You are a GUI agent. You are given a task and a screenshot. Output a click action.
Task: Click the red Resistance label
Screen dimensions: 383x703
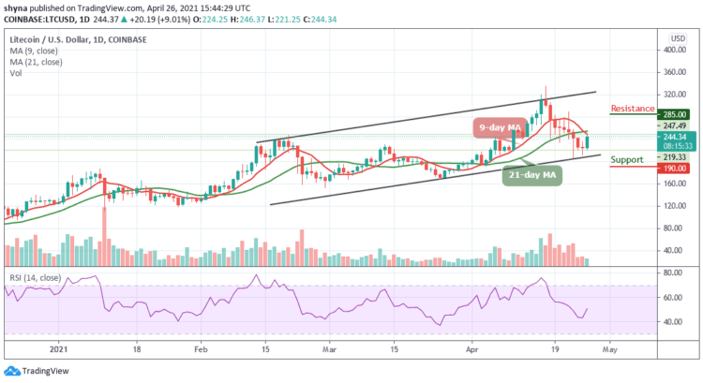pos(631,109)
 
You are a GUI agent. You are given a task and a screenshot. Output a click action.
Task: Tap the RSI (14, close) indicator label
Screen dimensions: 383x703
pos(32,277)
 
